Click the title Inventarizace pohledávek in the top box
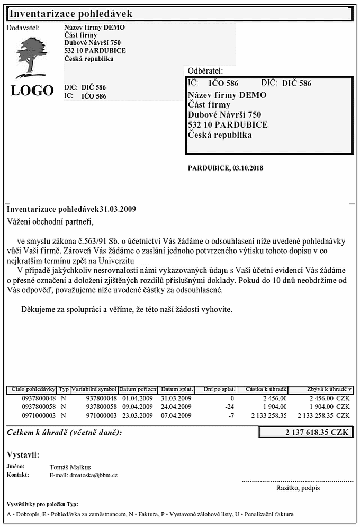coord(71,14)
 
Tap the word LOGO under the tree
coord(32,91)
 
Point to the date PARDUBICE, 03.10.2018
coord(226,168)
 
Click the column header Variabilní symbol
coord(94,390)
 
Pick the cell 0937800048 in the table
coord(39,398)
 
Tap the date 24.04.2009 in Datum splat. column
coord(176,407)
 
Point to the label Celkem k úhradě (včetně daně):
coord(64,433)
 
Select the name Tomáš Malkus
coord(70,467)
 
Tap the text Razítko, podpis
coord(298,488)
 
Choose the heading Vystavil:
coord(23,455)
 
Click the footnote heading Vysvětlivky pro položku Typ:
coord(42,504)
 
